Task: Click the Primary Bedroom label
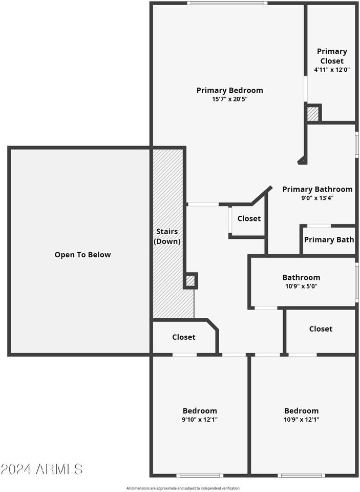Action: (x=229, y=90)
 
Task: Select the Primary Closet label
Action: (x=332, y=56)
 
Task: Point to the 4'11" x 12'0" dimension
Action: (x=332, y=70)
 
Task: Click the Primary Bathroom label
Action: (x=317, y=189)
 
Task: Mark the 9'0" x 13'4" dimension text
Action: (x=317, y=198)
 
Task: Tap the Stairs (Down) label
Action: (x=167, y=236)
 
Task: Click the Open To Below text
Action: (x=83, y=255)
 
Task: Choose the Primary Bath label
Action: (x=329, y=240)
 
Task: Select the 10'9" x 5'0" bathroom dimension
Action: (x=301, y=286)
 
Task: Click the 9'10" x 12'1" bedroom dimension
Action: (x=200, y=420)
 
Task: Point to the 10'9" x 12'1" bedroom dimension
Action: (x=301, y=420)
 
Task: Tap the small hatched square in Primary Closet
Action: (x=313, y=114)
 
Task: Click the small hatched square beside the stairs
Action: (x=190, y=280)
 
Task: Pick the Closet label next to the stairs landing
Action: (x=184, y=337)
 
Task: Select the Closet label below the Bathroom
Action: (x=321, y=329)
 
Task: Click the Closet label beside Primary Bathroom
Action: (x=249, y=219)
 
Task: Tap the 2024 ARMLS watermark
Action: (x=41, y=469)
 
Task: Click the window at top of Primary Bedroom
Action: (x=227, y=3)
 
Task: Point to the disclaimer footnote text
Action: (x=183, y=488)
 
